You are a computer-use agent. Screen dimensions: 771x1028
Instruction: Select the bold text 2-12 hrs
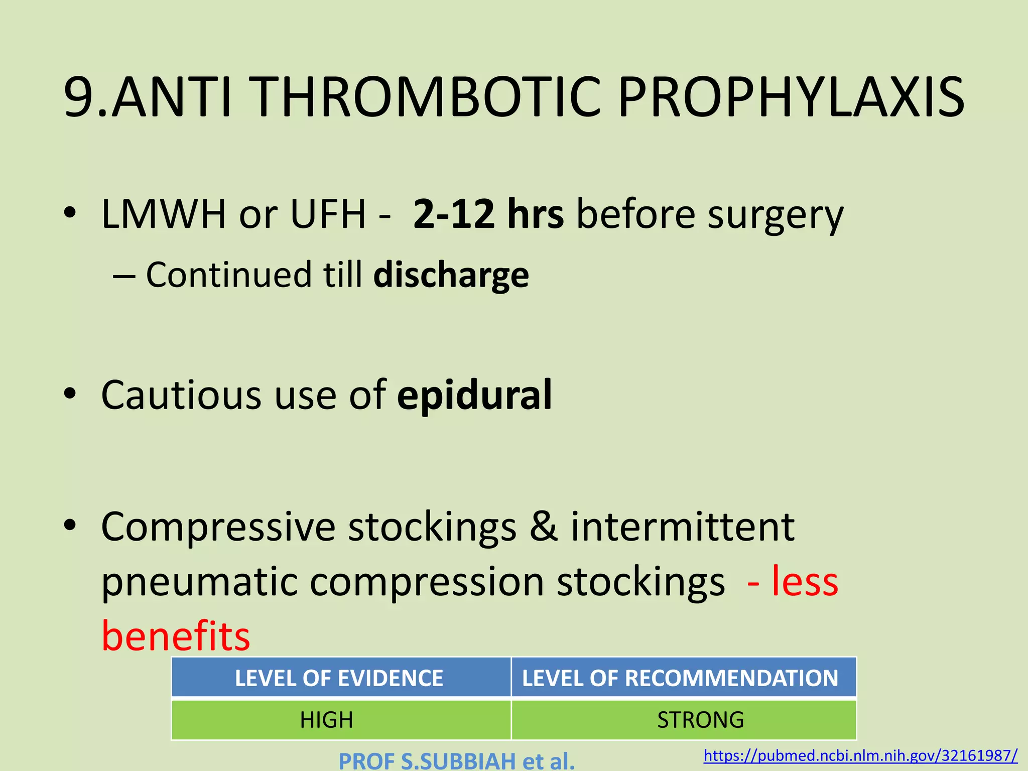(488, 215)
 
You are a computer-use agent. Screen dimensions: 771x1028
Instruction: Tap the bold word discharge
(451, 276)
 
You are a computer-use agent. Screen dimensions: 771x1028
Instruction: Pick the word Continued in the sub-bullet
(228, 275)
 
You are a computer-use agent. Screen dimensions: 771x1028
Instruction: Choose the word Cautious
(181, 396)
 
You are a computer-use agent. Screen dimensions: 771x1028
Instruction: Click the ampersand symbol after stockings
(544, 527)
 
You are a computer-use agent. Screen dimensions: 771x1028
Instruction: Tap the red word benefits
(176, 636)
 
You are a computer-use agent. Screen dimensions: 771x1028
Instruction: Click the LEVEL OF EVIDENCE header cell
(339, 678)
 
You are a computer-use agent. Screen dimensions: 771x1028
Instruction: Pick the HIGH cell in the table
(326, 720)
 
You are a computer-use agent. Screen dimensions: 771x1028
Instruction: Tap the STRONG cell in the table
(700, 720)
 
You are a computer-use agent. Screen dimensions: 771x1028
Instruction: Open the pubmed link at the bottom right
(860, 755)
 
